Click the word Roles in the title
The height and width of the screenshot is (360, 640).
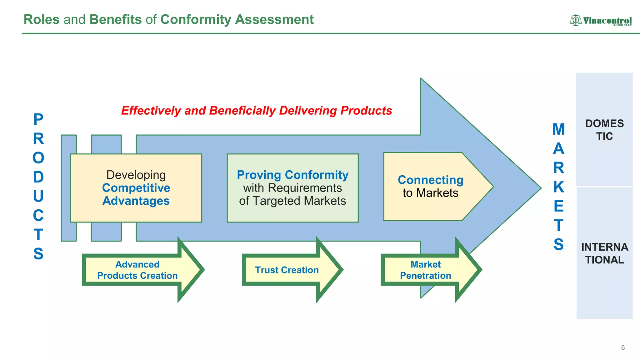click(x=41, y=19)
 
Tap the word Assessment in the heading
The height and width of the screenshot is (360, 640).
click(x=274, y=19)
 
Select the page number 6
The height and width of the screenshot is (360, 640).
click(x=623, y=347)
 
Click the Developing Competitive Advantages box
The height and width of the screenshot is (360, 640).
click(x=136, y=188)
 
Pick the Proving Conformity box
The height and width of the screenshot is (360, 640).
click(x=292, y=188)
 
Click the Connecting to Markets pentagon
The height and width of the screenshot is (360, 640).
click(x=431, y=187)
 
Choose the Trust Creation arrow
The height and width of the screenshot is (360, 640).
click(x=287, y=270)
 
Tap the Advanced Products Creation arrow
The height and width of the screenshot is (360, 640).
click(x=137, y=270)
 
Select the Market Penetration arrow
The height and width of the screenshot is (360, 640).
click(x=426, y=270)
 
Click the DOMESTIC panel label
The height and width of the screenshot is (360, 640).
click(x=604, y=130)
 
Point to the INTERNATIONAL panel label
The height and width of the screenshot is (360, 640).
click(x=604, y=253)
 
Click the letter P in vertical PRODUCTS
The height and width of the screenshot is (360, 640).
click(x=38, y=119)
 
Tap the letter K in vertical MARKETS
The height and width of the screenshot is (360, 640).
click(x=558, y=187)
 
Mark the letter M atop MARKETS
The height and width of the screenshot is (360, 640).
click(x=558, y=129)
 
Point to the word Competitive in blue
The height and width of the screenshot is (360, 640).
click(x=136, y=188)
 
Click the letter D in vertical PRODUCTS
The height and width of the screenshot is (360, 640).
click(x=38, y=177)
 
